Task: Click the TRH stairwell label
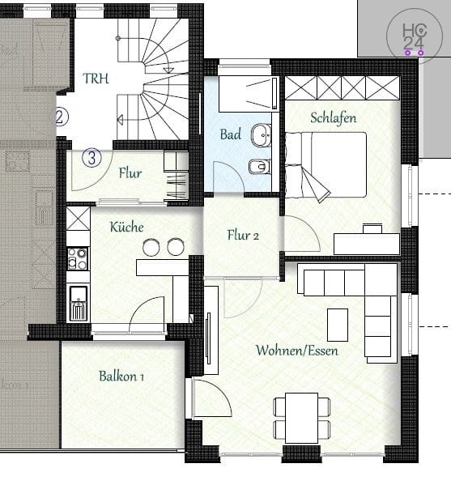pyautogui.click(x=96, y=79)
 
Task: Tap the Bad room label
pyautogui.click(x=231, y=134)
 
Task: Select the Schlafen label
pyautogui.click(x=333, y=118)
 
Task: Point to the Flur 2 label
pyautogui.click(x=243, y=236)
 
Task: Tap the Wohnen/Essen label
pyautogui.click(x=296, y=351)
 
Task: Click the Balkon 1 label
pyautogui.click(x=121, y=376)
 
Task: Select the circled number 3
pyautogui.click(x=91, y=157)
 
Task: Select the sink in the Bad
pyautogui.click(x=262, y=134)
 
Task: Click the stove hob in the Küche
pyautogui.click(x=78, y=258)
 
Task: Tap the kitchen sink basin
pyautogui.click(x=78, y=294)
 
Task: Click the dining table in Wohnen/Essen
pyautogui.click(x=301, y=418)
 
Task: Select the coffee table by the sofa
pyautogui.click(x=338, y=325)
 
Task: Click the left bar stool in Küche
pyautogui.click(x=151, y=247)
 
